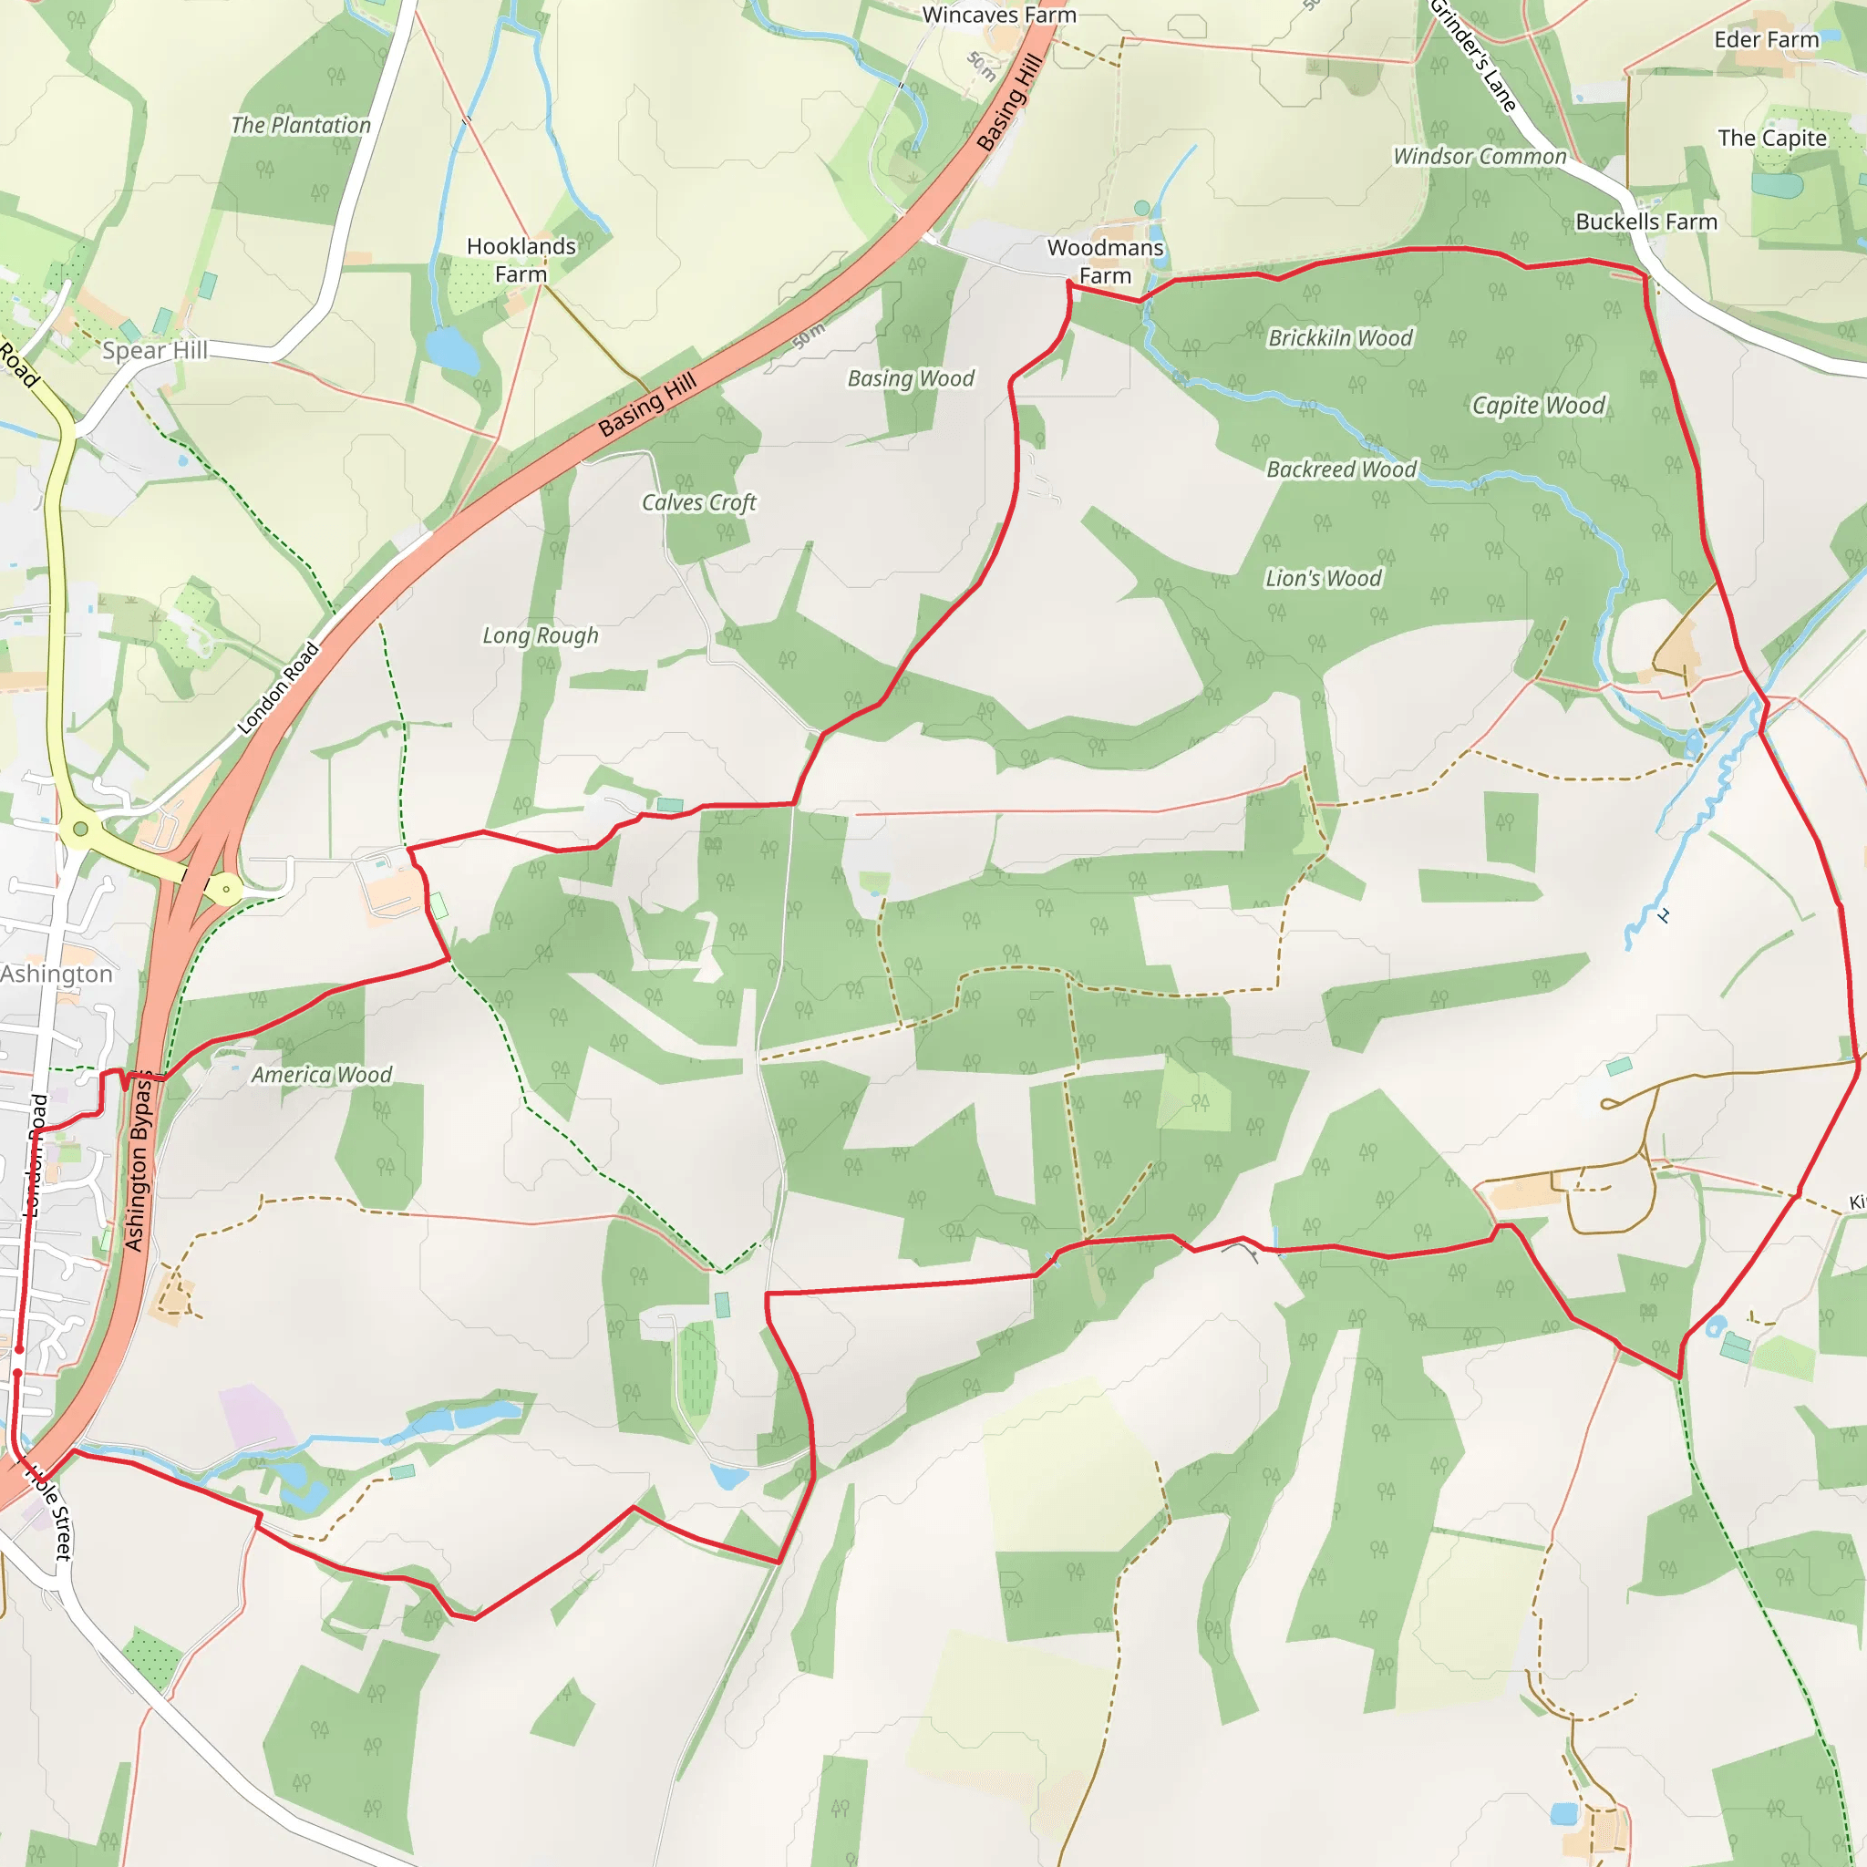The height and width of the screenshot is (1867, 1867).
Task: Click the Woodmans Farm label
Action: [1105, 262]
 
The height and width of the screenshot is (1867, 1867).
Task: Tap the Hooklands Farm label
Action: [521, 260]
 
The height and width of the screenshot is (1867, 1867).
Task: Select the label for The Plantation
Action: [301, 126]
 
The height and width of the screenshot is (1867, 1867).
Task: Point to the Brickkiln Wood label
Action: [1339, 338]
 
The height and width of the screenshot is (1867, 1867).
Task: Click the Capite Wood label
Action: [1538, 406]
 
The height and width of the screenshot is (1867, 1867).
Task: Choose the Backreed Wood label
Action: [1340, 469]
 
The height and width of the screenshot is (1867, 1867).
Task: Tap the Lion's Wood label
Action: [1323, 579]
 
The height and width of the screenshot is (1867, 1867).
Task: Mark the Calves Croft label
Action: [698, 502]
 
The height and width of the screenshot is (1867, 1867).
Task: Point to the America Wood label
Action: [322, 1075]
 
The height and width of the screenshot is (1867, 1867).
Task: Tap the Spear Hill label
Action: [155, 351]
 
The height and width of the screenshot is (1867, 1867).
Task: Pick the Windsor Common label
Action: [1479, 157]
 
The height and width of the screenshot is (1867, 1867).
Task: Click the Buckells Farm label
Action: [1645, 222]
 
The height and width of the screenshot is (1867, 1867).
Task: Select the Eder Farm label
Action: [1766, 39]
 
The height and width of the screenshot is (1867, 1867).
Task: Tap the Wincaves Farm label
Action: [998, 15]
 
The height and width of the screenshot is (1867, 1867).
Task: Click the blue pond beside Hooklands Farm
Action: [451, 350]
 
